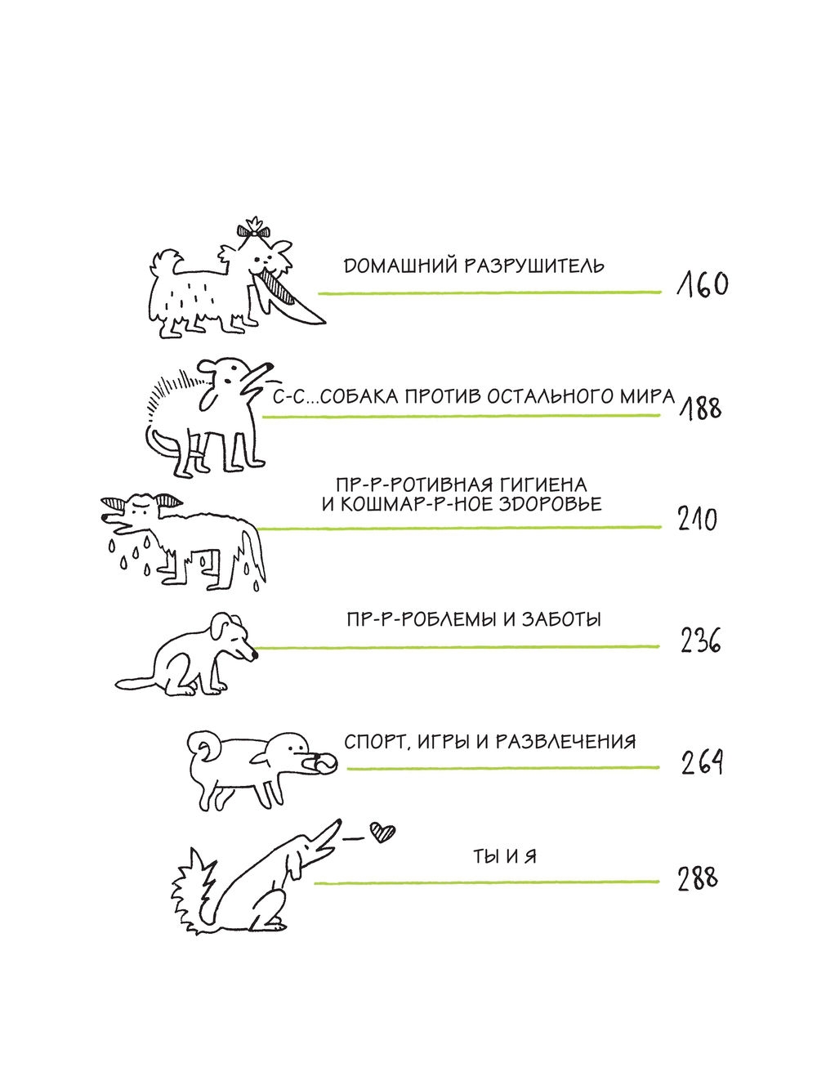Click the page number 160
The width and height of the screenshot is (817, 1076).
click(x=703, y=285)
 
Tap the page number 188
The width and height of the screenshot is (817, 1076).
click(x=700, y=409)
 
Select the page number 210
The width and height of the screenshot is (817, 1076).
click(x=697, y=519)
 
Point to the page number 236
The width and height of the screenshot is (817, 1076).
click(x=700, y=641)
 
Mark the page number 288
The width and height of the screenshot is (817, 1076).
click(x=698, y=878)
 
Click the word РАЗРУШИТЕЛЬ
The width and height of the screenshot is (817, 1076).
click(x=534, y=266)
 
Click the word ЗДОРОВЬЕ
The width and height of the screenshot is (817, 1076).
click(x=550, y=504)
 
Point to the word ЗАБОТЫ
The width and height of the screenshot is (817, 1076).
click(x=561, y=620)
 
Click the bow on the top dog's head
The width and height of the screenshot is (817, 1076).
click(x=254, y=230)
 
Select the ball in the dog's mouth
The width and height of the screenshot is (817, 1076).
click(x=325, y=764)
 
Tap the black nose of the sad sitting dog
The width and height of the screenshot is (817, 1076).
click(x=254, y=655)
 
